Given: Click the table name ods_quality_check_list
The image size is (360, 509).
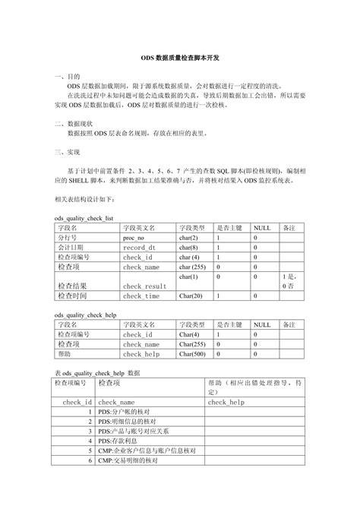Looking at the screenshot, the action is click(84, 217).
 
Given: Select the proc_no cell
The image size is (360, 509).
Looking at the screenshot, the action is click(134, 237).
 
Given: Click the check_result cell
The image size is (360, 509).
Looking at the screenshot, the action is click(144, 286).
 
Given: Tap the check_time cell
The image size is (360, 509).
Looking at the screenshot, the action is click(141, 296).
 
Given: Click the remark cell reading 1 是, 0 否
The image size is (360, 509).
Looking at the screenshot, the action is click(289, 281).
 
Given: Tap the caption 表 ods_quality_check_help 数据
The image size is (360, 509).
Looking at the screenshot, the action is click(97, 374).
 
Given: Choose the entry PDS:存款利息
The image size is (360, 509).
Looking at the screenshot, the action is click(122, 441).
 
